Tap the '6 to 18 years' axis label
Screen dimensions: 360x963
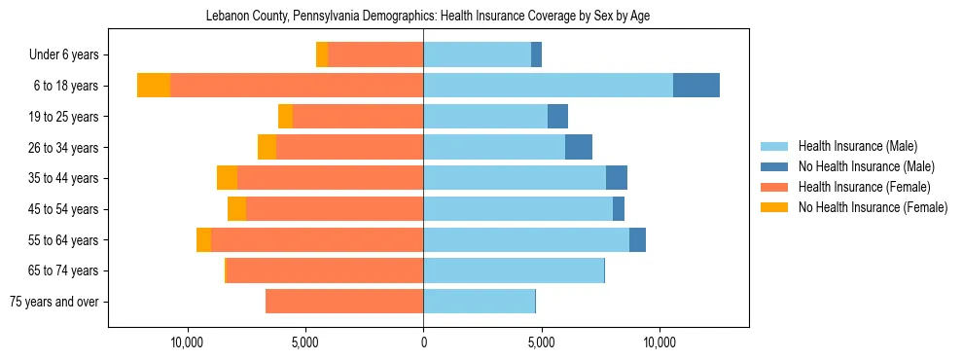pyautogui.click(x=65, y=86)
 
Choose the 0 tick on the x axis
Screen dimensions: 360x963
pyautogui.click(x=423, y=342)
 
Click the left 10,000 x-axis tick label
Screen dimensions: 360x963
pyautogui.click(x=187, y=342)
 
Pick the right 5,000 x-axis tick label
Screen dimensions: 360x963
pyautogui.click(x=541, y=342)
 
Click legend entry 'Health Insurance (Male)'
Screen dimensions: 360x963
pyautogui.click(x=857, y=146)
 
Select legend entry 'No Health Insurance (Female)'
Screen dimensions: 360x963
pyautogui.click(x=873, y=207)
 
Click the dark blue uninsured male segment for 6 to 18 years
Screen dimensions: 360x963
pyautogui.click(x=695, y=86)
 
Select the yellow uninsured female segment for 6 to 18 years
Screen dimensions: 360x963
pyautogui.click(x=154, y=86)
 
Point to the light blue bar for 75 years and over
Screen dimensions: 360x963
pyautogui.click(x=479, y=302)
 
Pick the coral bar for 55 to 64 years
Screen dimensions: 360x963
pyautogui.click(x=317, y=240)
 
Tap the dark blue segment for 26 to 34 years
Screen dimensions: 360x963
pyautogui.click(x=578, y=147)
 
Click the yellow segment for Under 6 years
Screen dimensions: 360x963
pyautogui.click(x=322, y=55)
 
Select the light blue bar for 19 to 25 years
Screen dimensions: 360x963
pyautogui.click(x=485, y=117)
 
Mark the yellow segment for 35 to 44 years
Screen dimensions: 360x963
pyautogui.click(x=227, y=178)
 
